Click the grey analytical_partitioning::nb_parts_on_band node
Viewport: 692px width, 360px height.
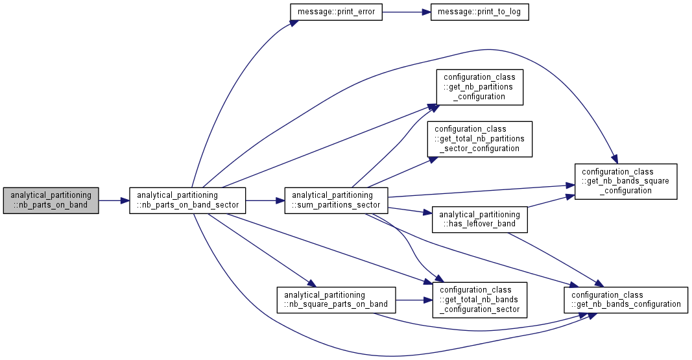point(51,200)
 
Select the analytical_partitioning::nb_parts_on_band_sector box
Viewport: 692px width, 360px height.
point(187,200)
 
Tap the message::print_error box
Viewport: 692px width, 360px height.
point(337,12)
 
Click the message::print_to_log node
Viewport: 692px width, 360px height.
point(480,12)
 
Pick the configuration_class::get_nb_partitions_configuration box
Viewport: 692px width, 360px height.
point(480,87)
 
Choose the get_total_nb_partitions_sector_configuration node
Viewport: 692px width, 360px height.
point(480,139)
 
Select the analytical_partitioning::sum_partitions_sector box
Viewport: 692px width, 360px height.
point(337,200)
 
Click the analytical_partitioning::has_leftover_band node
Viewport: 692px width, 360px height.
point(480,219)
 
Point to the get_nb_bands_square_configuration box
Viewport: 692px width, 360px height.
point(626,182)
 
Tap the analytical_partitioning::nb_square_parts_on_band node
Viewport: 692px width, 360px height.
point(337,300)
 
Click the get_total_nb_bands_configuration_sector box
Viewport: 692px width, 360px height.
point(480,300)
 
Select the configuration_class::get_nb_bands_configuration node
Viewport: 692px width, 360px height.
point(626,300)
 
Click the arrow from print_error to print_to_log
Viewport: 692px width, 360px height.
point(407,12)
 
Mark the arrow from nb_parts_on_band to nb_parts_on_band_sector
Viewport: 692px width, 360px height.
point(114,200)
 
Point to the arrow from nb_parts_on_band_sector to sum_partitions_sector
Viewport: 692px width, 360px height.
point(265,200)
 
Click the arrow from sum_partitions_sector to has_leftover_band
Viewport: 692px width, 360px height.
point(409,210)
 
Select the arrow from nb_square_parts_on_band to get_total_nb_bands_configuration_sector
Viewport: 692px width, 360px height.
point(414,300)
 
